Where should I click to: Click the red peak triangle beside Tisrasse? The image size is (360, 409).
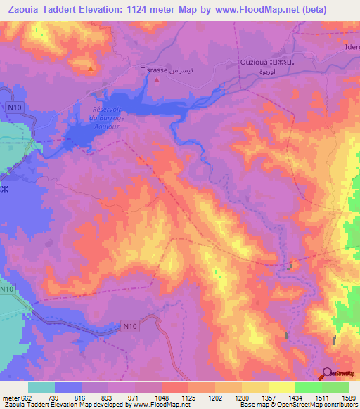157,79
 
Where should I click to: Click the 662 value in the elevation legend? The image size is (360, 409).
27,397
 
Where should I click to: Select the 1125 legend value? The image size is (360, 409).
188,397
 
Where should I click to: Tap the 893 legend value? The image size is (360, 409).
108,397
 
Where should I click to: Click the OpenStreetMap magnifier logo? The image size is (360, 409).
328,375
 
